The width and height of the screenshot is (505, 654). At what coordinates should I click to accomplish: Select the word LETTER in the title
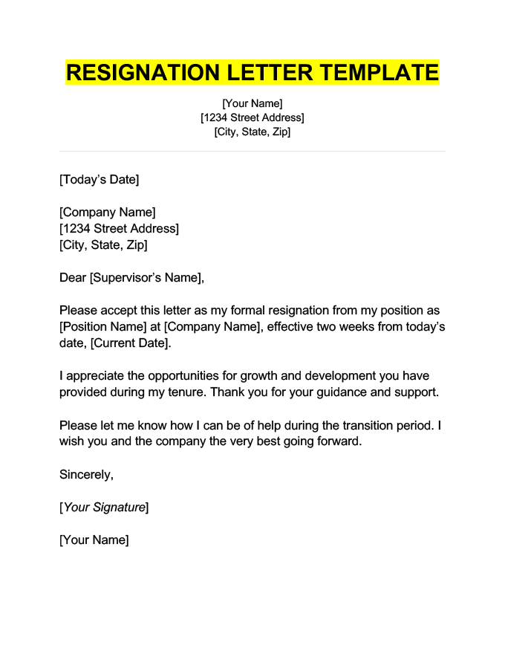click(x=260, y=73)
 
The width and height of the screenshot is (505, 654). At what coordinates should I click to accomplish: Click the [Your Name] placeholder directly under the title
click(x=252, y=103)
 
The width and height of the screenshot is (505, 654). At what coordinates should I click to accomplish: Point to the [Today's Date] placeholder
click(x=100, y=179)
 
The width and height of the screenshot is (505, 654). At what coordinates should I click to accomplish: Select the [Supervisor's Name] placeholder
click(x=146, y=278)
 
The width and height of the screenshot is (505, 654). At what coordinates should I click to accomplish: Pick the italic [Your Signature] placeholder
click(x=104, y=507)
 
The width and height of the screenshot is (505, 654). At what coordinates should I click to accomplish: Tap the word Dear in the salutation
click(x=73, y=278)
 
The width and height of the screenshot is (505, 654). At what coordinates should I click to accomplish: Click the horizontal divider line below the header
click(x=252, y=152)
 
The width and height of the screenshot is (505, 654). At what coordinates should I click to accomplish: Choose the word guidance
click(x=340, y=392)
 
